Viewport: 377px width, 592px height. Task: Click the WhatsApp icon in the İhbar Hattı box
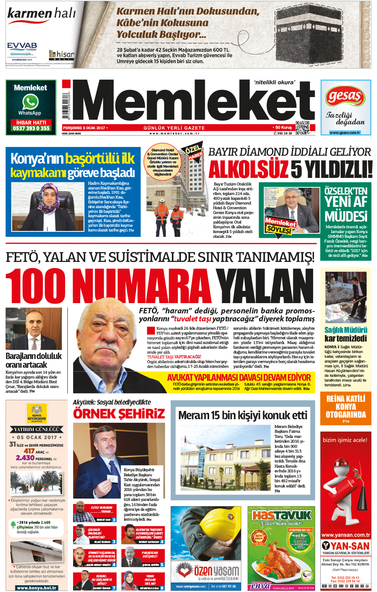pyautogui.click(x=31, y=102)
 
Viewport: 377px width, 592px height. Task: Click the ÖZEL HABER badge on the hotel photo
pyautogui.click(x=194, y=152)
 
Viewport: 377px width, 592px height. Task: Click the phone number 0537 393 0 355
pyautogui.click(x=31, y=128)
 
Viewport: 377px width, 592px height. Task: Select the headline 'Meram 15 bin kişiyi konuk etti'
pyautogui.click(x=242, y=415)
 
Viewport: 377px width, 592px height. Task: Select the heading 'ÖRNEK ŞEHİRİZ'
pyautogui.click(x=119, y=414)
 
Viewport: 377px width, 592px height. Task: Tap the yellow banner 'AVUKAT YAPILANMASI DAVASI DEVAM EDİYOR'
pyautogui.click(x=239, y=377)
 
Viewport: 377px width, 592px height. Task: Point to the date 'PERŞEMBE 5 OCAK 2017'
pyautogui.click(x=85, y=128)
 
